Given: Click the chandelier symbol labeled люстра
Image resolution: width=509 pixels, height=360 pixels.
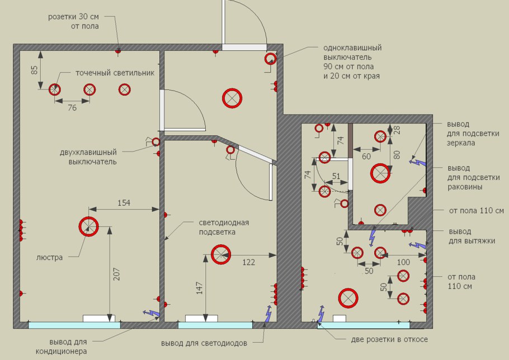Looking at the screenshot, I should click(88, 226).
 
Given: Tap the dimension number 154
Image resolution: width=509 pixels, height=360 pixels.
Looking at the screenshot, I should click(124, 203).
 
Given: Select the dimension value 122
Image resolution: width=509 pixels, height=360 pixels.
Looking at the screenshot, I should click(249, 261).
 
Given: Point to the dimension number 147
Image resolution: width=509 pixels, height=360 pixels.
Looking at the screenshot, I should click(200, 287).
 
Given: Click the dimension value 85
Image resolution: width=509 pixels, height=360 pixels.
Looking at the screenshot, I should click(35, 70).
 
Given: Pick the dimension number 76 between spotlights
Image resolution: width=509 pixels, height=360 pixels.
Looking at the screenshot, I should click(72, 108).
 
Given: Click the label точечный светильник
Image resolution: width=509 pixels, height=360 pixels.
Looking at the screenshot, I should click(115, 73).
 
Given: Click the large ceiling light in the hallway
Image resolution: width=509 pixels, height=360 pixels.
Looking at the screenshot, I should click(232, 98).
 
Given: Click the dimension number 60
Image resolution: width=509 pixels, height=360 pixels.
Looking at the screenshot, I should click(366, 157).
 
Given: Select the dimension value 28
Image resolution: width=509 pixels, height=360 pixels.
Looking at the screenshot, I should click(397, 129).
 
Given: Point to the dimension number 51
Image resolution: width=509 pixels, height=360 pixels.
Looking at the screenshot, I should click(336, 176).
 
